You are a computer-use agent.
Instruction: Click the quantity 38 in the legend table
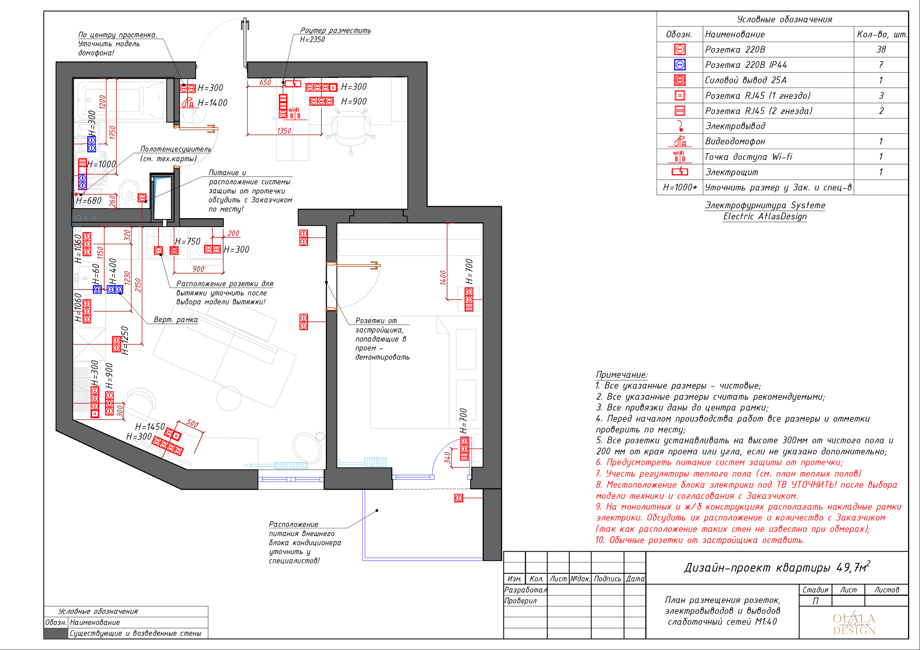point(881,50)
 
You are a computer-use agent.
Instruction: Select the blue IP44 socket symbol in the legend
point(680,65)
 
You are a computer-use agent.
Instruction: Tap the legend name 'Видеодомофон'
point(735,141)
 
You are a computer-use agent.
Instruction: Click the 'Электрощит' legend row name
point(732,172)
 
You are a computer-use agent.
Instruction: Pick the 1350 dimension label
point(284,131)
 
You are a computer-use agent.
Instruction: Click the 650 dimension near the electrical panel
point(265,83)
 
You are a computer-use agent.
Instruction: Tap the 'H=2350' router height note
point(313,39)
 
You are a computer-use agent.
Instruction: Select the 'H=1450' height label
point(150,427)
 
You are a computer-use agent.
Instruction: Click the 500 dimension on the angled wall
point(193,423)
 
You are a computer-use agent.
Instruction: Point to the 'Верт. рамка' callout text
point(175,320)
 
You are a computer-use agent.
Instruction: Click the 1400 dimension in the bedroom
point(443,278)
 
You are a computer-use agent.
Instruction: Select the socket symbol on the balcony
point(459,498)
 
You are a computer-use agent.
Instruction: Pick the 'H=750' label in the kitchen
point(188,241)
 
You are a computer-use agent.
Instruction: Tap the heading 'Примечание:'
point(621,375)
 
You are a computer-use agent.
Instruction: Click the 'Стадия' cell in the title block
point(815,590)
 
